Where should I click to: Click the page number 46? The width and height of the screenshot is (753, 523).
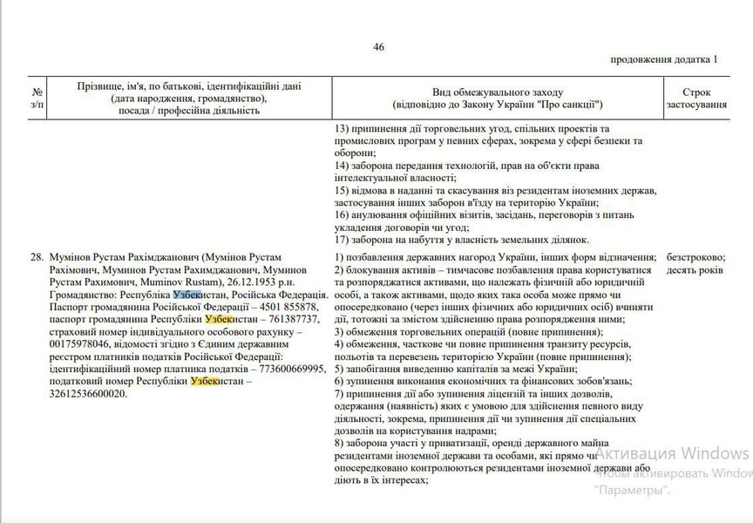tap(378, 47)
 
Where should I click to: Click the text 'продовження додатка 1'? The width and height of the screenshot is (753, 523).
tap(665, 59)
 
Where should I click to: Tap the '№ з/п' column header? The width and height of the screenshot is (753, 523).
tap(37, 98)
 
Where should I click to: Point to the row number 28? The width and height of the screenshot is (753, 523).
tap(37, 259)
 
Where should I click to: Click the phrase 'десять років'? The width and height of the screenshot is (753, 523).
tap(694, 271)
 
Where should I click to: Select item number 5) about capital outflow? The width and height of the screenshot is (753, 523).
tap(340, 370)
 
